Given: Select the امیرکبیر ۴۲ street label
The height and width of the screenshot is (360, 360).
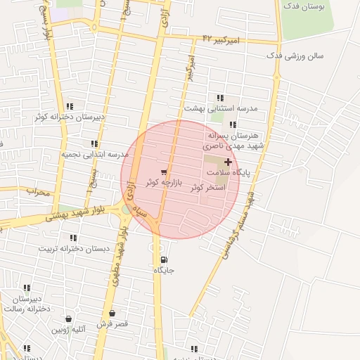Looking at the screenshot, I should pos(221,39).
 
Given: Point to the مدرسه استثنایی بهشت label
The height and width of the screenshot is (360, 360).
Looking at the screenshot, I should pos(221,109).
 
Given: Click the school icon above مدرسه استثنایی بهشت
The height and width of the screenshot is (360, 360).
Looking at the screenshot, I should pos(220,98).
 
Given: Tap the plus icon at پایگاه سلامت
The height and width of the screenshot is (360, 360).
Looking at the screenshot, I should pos(227,162).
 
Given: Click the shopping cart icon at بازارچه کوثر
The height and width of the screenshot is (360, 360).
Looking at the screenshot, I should pos(164,172).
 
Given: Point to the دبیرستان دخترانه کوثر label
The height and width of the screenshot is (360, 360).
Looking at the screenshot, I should pos(70,117).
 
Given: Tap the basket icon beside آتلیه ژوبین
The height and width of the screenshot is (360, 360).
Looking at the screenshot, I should pos(68,319).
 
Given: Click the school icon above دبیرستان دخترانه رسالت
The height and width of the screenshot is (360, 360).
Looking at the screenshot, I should pos(27,288).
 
